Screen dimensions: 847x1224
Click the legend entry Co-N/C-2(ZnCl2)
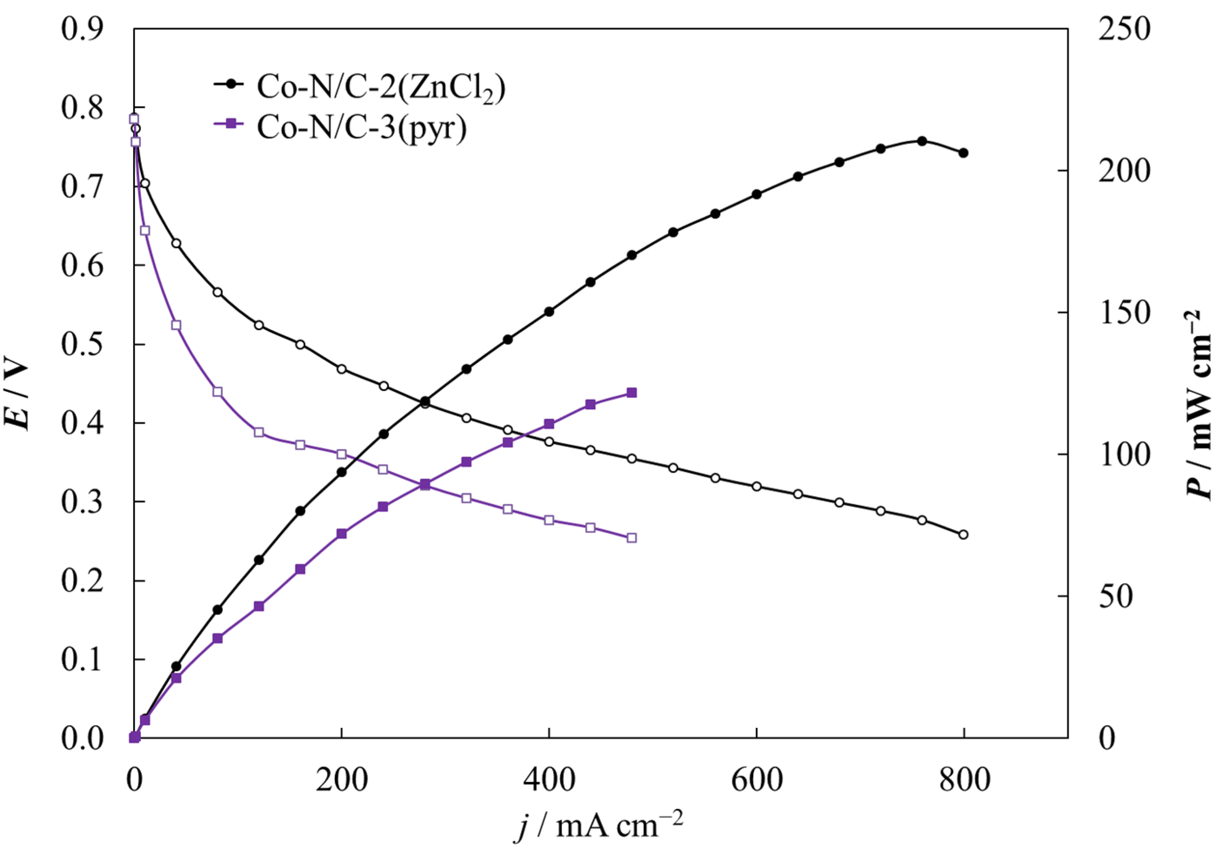pyautogui.click(x=380, y=86)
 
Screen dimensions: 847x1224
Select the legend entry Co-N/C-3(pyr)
pyautogui.click(x=361, y=127)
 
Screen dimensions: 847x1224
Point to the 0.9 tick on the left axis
pyautogui.click(x=82, y=29)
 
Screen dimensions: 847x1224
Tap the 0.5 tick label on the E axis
pyautogui.click(x=82, y=345)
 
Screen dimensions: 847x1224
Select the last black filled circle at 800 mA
pyautogui.click(x=964, y=153)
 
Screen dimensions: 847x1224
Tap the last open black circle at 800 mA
pyautogui.click(x=964, y=534)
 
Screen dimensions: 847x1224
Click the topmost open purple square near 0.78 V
pyautogui.click(x=134, y=119)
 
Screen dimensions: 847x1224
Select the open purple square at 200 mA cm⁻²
pyautogui.click(x=342, y=454)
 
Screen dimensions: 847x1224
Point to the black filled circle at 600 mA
pyautogui.click(x=757, y=194)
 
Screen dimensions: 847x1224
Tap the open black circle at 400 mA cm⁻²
pyautogui.click(x=549, y=441)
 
